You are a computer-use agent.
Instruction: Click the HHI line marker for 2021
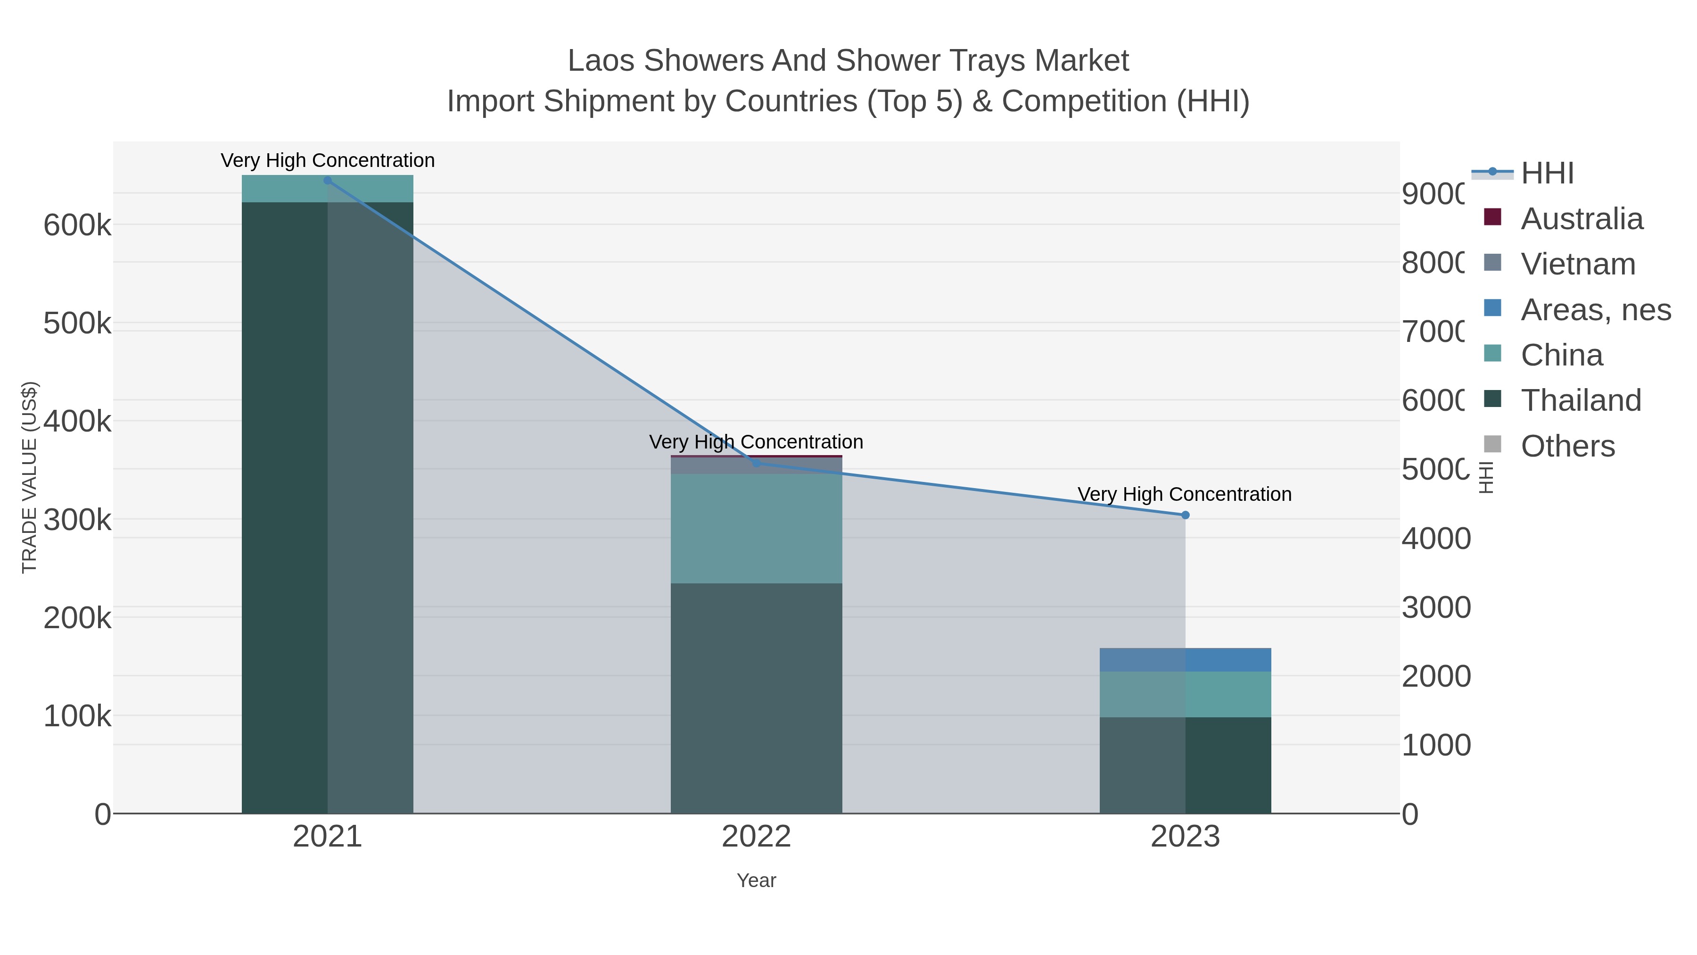click(328, 181)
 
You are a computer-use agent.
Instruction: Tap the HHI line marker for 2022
click(756, 463)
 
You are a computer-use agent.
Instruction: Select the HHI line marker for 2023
click(1185, 515)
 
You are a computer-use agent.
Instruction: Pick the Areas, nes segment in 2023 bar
click(1185, 660)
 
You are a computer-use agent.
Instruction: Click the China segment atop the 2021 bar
click(328, 189)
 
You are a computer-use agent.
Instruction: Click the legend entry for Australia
click(1582, 219)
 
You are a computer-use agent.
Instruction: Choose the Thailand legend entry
click(1581, 400)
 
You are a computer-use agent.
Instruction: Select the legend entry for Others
click(1567, 446)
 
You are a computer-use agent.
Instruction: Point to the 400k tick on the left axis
click(77, 421)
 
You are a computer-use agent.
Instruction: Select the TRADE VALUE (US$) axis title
click(29, 477)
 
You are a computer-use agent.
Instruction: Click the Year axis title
click(756, 880)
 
